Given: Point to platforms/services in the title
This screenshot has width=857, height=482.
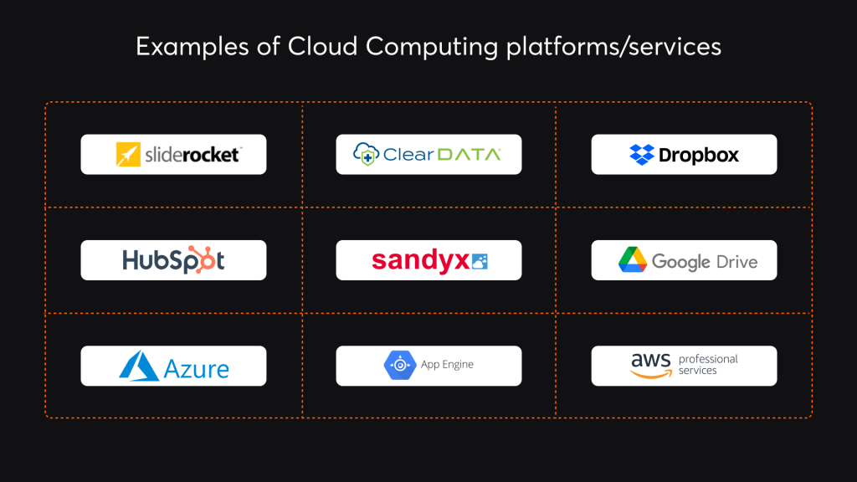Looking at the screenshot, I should coord(613,49).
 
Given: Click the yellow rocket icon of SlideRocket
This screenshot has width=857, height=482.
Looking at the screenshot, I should coord(127,155).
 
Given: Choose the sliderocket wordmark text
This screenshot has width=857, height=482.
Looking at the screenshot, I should coord(191,155).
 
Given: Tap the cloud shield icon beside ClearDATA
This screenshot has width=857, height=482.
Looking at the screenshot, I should coord(366,154).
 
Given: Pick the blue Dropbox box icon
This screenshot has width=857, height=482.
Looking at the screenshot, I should coord(641,155).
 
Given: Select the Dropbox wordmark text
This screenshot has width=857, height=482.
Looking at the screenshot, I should coord(699,155).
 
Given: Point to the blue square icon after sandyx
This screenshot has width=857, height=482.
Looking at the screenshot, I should coord(480,261).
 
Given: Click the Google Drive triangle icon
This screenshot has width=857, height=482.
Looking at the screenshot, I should coord(633,260).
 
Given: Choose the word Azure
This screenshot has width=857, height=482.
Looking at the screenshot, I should coord(197,367).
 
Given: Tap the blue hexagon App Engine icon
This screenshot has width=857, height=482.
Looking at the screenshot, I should coord(399,365).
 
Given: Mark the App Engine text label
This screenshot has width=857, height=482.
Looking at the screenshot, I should coord(447,365).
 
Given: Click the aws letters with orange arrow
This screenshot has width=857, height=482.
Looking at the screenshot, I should coord(651,364).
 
